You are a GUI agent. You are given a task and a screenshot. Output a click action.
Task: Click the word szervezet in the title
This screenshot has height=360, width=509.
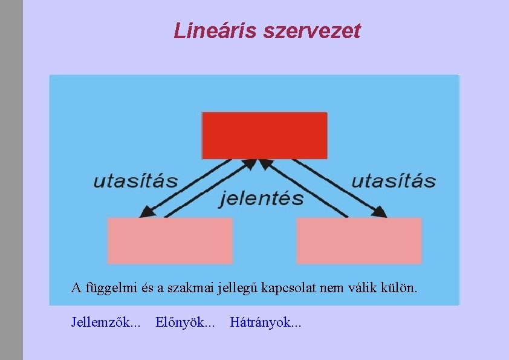312,31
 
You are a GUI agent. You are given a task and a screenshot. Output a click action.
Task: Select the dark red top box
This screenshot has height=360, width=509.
264,136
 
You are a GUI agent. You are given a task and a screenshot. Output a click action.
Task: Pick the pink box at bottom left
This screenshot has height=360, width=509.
170,240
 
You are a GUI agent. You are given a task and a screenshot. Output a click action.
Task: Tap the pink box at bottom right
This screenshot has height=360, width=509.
358,240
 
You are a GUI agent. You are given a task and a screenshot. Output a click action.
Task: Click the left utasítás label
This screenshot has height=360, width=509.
135,180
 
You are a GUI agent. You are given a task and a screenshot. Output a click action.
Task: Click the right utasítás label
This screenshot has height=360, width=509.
393,180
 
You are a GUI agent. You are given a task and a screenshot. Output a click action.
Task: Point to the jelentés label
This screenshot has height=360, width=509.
261,198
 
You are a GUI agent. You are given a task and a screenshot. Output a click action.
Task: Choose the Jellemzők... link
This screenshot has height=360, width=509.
106,322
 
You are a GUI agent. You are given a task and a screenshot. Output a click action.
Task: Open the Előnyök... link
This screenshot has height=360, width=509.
184,322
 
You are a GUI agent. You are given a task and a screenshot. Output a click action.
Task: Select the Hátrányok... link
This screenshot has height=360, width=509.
265,322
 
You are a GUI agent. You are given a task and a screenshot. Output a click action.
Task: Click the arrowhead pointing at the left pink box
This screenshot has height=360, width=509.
146,212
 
